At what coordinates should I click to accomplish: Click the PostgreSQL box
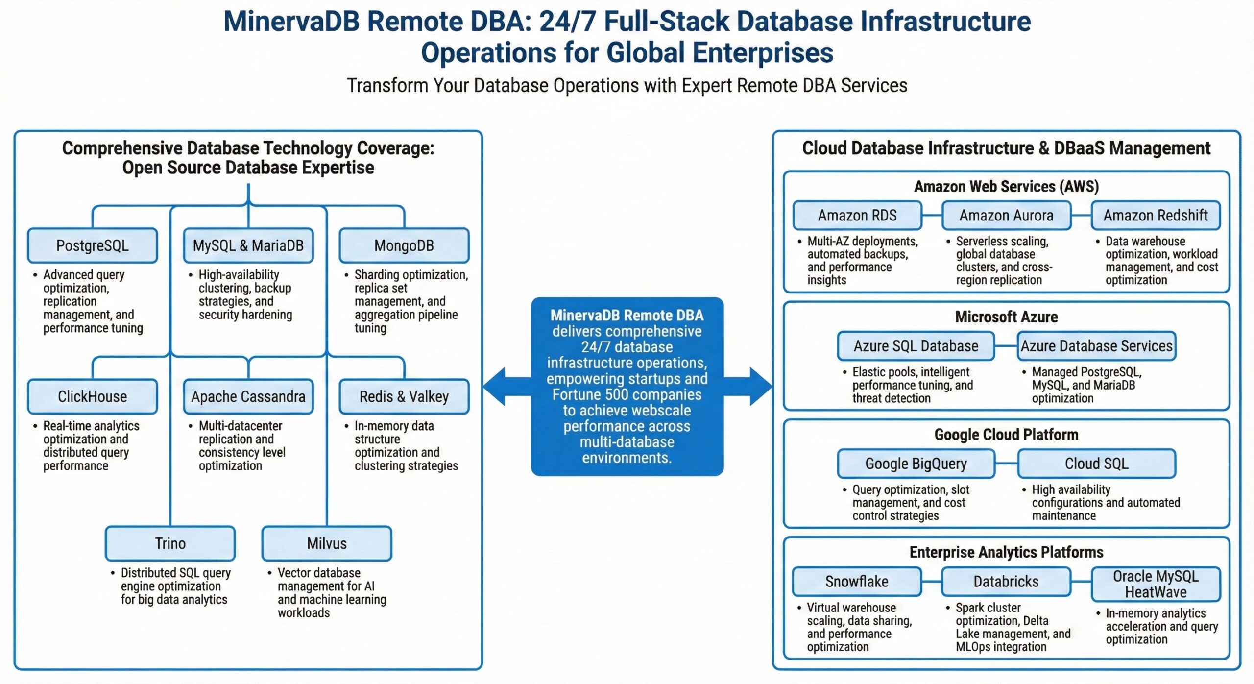click(x=93, y=245)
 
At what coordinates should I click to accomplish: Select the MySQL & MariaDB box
click(x=248, y=245)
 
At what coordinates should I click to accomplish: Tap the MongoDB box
click(x=404, y=245)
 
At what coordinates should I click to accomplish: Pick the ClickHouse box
click(x=93, y=396)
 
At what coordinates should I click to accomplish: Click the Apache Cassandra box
click(x=248, y=396)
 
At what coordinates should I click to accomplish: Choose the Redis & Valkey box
click(x=404, y=396)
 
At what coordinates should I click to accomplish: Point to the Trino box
click(x=170, y=543)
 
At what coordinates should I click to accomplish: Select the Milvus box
click(x=327, y=543)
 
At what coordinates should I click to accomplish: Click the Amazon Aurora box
click(x=1006, y=215)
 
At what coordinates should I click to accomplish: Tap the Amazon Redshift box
click(x=1156, y=215)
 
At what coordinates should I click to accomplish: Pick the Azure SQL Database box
click(x=916, y=346)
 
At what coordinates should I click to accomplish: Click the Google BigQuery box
click(x=916, y=464)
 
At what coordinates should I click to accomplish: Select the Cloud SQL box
click(x=1096, y=464)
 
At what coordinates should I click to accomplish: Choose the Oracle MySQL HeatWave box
click(x=1156, y=584)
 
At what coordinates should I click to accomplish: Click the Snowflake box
click(x=857, y=582)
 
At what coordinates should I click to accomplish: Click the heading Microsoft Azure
click(x=1006, y=317)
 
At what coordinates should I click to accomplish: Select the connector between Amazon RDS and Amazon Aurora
click(x=932, y=215)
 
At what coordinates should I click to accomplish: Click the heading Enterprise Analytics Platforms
click(x=1006, y=552)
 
